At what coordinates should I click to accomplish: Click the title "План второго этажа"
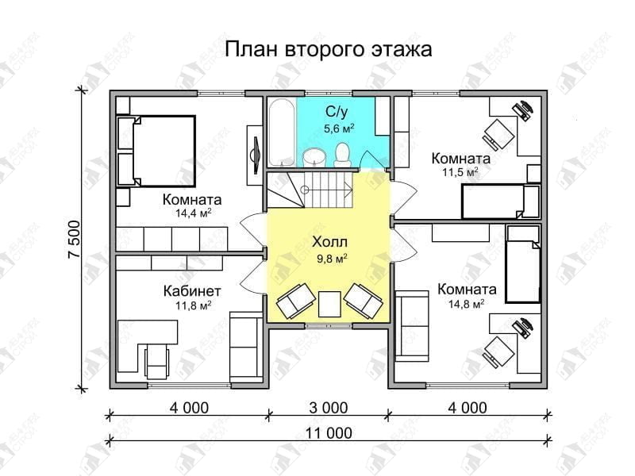(x=328, y=50)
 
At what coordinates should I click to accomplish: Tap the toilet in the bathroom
(x=343, y=155)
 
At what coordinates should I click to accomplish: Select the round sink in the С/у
(x=314, y=157)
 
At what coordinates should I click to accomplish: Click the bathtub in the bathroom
(x=282, y=132)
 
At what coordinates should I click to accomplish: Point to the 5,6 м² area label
(x=339, y=129)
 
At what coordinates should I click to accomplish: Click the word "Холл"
(x=329, y=242)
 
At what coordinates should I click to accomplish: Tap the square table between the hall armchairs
(x=329, y=304)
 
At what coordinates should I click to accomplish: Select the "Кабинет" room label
(x=192, y=291)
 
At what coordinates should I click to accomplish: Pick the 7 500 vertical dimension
(x=75, y=240)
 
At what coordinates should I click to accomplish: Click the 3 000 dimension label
(x=329, y=408)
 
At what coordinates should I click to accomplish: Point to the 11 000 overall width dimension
(x=329, y=433)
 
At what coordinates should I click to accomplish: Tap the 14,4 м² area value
(x=193, y=213)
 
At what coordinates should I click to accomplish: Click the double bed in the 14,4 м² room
(x=156, y=151)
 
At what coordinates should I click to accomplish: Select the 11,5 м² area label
(x=460, y=172)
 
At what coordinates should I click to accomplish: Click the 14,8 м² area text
(x=467, y=303)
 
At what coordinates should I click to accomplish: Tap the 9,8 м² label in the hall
(x=332, y=259)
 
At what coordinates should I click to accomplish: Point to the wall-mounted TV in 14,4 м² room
(x=256, y=155)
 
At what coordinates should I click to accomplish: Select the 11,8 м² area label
(x=193, y=305)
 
